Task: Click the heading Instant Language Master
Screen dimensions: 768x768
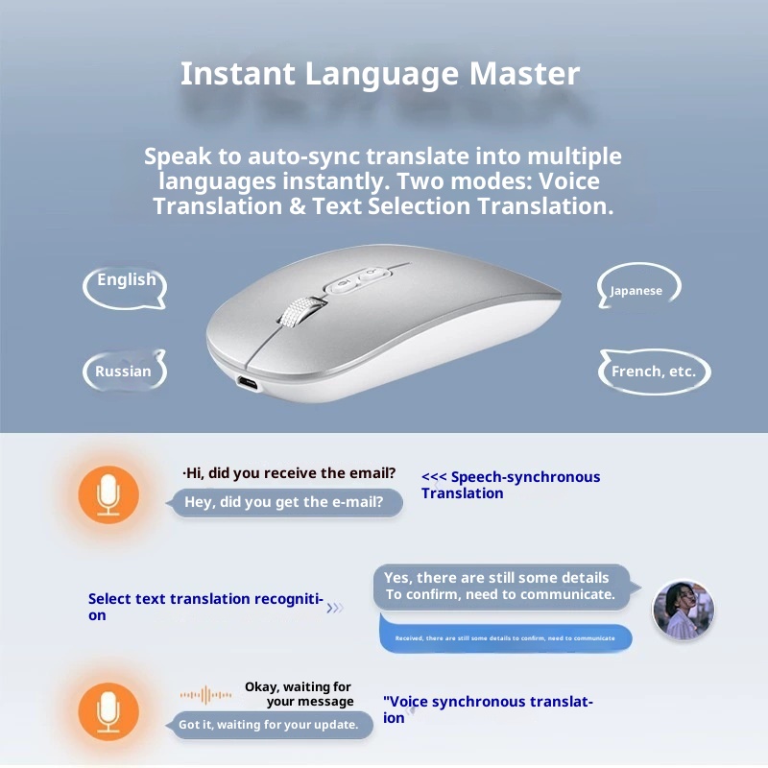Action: pyautogui.click(x=380, y=74)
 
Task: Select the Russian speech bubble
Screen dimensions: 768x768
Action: pyautogui.click(x=124, y=372)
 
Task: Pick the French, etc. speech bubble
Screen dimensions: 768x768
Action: pyautogui.click(x=653, y=372)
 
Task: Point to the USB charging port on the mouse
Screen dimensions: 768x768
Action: pyautogui.click(x=248, y=384)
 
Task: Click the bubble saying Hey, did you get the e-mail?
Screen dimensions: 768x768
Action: pyautogui.click(x=285, y=502)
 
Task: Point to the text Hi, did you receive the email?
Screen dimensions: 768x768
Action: pyautogui.click(x=289, y=473)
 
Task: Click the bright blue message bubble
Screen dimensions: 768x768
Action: pyautogui.click(x=505, y=638)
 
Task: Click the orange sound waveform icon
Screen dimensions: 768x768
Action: pyautogui.click(x=205, y=694)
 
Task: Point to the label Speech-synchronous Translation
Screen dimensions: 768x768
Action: pyautogui.click(x=510, y=485)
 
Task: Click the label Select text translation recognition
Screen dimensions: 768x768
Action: pyautogui.click(x=204, y=606)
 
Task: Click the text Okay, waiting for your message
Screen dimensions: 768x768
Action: pyautogui.click(x=299, y=694)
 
